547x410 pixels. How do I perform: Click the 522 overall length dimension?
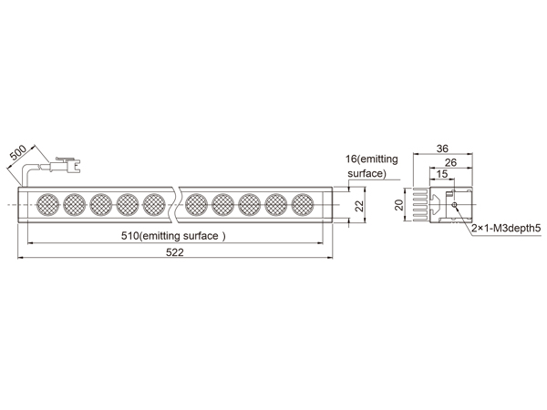(x=174, y=252)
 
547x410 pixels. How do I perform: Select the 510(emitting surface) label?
(x=173, y=236)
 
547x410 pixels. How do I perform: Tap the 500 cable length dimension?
(x=17, y=152)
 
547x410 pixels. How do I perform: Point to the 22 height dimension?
(x=359, y=206)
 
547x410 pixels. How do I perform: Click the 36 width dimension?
(x=442, y=149)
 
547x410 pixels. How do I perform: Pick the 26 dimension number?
(x=450, y=162)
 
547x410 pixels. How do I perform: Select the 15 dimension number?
(x=441, y=174)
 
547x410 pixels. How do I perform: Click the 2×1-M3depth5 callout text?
(x=506, y=229)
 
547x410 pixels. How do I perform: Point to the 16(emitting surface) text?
(x=372, y=166)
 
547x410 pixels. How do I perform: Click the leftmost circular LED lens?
(x=47, y=205)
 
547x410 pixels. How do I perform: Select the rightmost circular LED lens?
(x=303, y=205)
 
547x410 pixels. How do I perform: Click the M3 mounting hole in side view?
(x=454, y=205)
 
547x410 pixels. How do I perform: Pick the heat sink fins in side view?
(x=420, y=205)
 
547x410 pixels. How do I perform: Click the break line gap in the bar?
(x=177, y=205)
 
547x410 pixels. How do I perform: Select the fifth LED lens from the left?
(x=154, y=205)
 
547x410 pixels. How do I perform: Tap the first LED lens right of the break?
(x=196, y=205)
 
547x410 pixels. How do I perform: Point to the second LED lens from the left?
(x=75, y=205)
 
